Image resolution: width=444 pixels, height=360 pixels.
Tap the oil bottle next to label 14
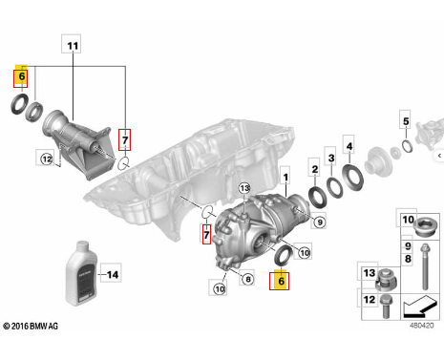[81, 273]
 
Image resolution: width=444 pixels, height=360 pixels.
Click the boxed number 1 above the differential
[285, 177]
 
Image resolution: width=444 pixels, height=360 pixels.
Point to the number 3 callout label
[331, 157]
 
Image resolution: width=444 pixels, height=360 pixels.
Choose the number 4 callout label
[349, 145]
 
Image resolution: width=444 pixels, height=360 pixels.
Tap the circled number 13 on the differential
[244, 189]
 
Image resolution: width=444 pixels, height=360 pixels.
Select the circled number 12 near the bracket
[47, 159]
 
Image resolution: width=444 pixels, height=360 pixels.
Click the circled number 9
[320, 222]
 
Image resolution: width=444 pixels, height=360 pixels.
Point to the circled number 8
[248, 279]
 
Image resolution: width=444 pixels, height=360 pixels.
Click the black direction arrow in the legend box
[418, 307]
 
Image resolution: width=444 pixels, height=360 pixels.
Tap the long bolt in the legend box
[425, 266]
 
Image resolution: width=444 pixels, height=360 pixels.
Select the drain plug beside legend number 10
[425, 226]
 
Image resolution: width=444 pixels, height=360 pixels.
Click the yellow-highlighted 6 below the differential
[279, 280]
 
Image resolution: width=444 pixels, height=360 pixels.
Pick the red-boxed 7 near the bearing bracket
[124, 139]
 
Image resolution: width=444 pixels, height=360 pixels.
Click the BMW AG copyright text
[31, 326]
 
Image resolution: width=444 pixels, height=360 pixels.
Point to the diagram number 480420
[421, 326]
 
